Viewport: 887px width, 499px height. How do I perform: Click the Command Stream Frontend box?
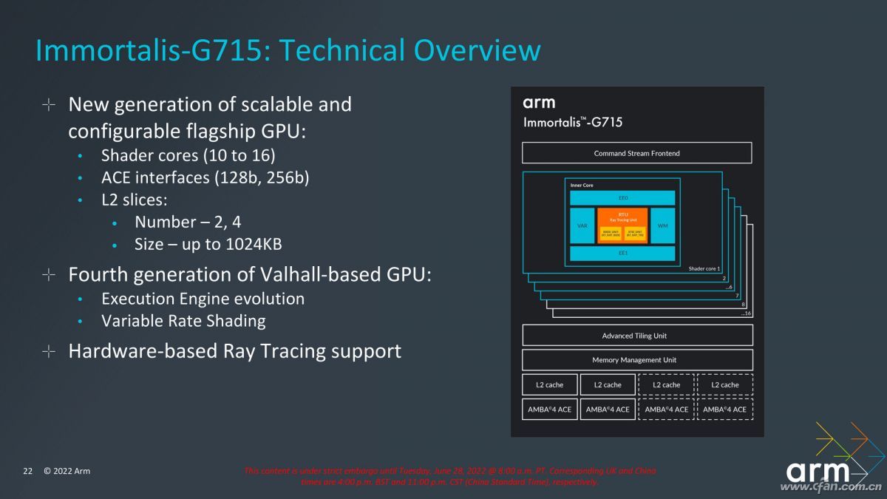coord(636,153)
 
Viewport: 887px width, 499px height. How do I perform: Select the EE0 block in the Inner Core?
coord(622,198)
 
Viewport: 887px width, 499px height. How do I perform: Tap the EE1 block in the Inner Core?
coord(622,253)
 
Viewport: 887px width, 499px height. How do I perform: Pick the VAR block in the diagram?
coord(582,225)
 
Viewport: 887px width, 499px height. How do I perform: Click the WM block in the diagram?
coord(662,225)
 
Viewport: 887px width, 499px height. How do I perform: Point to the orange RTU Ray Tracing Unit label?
coord(622,215)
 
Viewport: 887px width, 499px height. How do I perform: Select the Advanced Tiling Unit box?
coord(636,336)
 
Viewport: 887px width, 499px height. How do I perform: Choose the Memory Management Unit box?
coord(636,360)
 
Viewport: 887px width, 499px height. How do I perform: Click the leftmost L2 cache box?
coord(549,384)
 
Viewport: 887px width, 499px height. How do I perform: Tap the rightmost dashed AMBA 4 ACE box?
coord(724,409)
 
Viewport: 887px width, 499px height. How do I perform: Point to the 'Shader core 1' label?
coord(704,268)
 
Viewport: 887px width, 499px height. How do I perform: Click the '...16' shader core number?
coord(745,313)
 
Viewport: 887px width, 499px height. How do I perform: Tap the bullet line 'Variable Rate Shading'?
coord(183,321)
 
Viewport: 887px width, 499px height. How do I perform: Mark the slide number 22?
coord(28,471)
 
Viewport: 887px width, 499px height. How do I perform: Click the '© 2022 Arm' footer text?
coord(67,471)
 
